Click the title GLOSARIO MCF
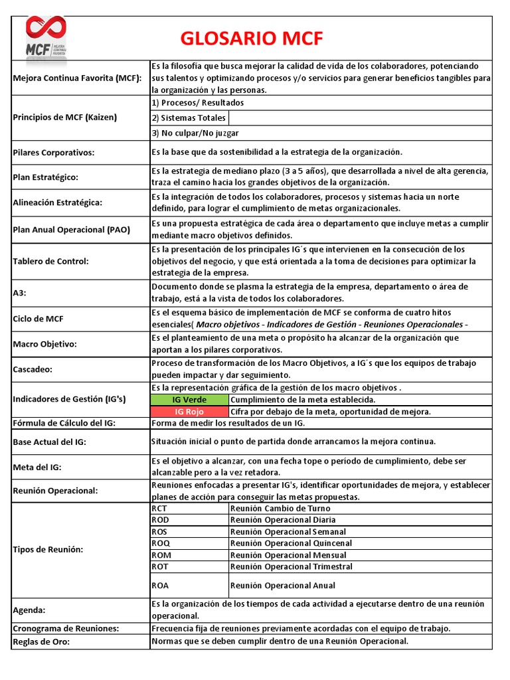252,39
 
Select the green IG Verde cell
189,400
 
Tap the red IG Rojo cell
189,412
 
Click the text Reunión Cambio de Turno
280,509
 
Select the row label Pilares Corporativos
54,153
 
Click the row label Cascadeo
33,369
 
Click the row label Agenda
31,610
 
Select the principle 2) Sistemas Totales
189,118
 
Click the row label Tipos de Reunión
48,550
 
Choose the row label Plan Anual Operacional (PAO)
72,230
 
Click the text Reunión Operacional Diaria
283,520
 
